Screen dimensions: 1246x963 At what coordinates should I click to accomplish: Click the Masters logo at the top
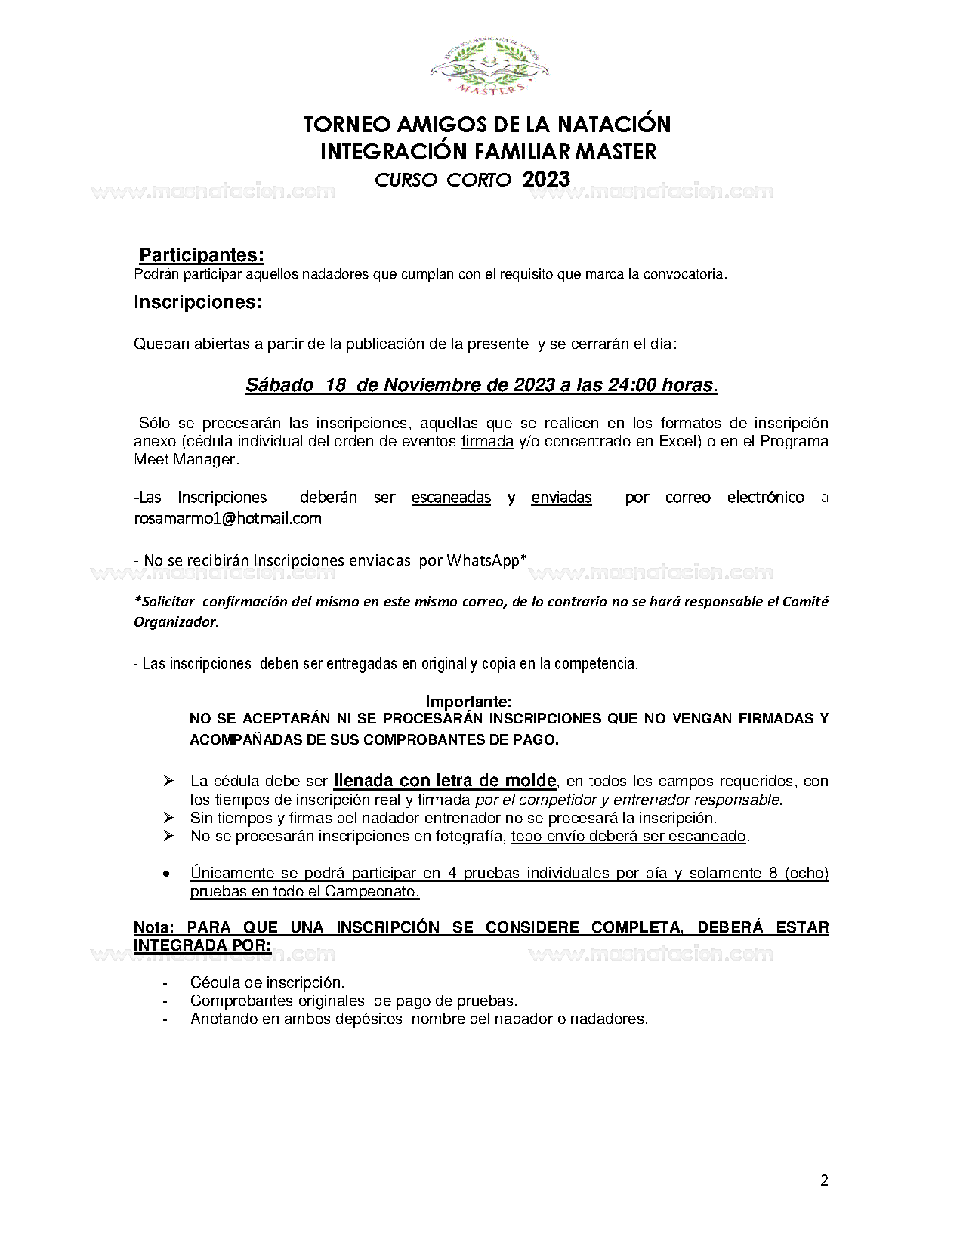point(489,69)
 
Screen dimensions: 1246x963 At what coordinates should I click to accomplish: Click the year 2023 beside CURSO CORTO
point(545,179)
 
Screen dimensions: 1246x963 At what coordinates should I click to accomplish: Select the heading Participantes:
point(201,255)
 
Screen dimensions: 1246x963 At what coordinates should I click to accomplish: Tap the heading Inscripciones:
point(197,302)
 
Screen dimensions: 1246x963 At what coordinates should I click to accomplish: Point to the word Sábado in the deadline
point(279,385)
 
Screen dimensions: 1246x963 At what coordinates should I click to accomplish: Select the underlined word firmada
point(487,441)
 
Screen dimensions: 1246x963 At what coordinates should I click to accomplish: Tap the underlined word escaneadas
point(451,497)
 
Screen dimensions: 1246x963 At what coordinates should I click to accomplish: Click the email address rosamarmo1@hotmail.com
point(227,519)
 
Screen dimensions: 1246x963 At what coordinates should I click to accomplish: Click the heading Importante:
point(468,702)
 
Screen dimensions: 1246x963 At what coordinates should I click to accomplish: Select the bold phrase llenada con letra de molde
point(445,780)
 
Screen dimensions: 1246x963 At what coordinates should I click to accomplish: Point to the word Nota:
point(154,927)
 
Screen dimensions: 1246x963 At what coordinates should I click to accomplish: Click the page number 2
point(824,1180)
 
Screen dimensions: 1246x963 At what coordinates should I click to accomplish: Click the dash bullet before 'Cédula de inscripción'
point(165,983)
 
